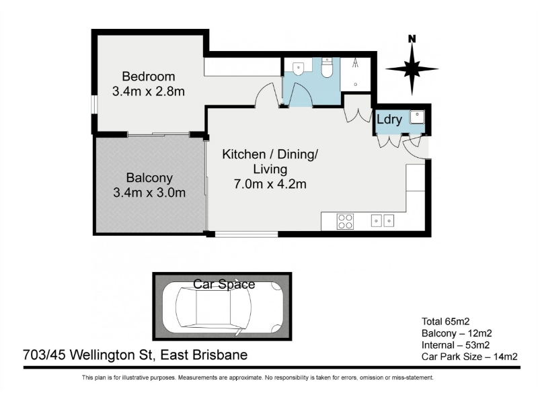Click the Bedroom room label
[148, 76]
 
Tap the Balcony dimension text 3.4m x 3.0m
[149, 193]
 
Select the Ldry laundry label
[389, 120]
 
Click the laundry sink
[417, 117]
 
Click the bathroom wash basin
[298, 69]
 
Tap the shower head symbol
[356, 62]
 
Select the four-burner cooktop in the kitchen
[345, 221]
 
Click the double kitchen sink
[383, 220]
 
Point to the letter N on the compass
[412, 39]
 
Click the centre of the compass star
[412, 69]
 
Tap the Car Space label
[224, 284]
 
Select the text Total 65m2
[445, 322]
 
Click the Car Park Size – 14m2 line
[469, 357]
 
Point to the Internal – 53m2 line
[456, 345]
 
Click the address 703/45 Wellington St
[87, 355]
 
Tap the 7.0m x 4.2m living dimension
[270, 184]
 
